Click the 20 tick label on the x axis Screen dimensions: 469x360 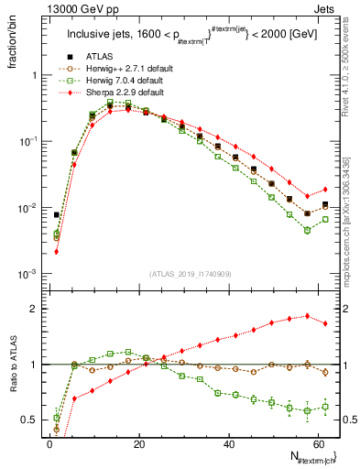[x=139, y=442]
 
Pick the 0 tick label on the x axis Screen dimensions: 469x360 [x=50, y=442]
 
